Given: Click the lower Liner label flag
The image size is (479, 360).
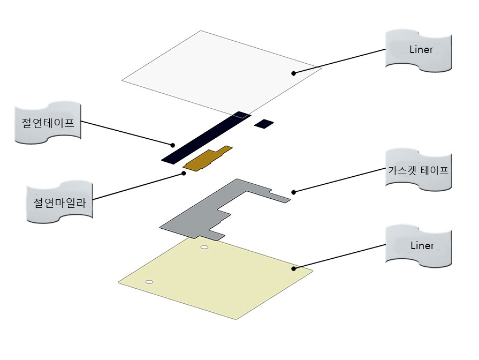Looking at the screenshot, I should coord(419,246).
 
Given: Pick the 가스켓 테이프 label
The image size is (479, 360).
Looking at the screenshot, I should coord(418,171).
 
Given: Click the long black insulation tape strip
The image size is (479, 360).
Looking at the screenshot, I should coord(206,137).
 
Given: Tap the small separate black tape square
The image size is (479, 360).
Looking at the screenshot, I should coord(264,124).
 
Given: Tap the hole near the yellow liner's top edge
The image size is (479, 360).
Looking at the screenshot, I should coord(204,247).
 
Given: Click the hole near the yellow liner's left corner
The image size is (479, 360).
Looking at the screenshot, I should coord(149,282).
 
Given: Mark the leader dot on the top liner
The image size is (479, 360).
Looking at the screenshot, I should coord(293,72).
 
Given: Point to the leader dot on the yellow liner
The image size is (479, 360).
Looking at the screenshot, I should coord(293,267).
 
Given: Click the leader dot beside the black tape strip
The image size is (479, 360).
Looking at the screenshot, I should coord(172,145).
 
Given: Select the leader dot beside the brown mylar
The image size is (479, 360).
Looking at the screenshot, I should coord(184,173).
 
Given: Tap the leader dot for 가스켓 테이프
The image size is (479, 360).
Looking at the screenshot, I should coord(293,191).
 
